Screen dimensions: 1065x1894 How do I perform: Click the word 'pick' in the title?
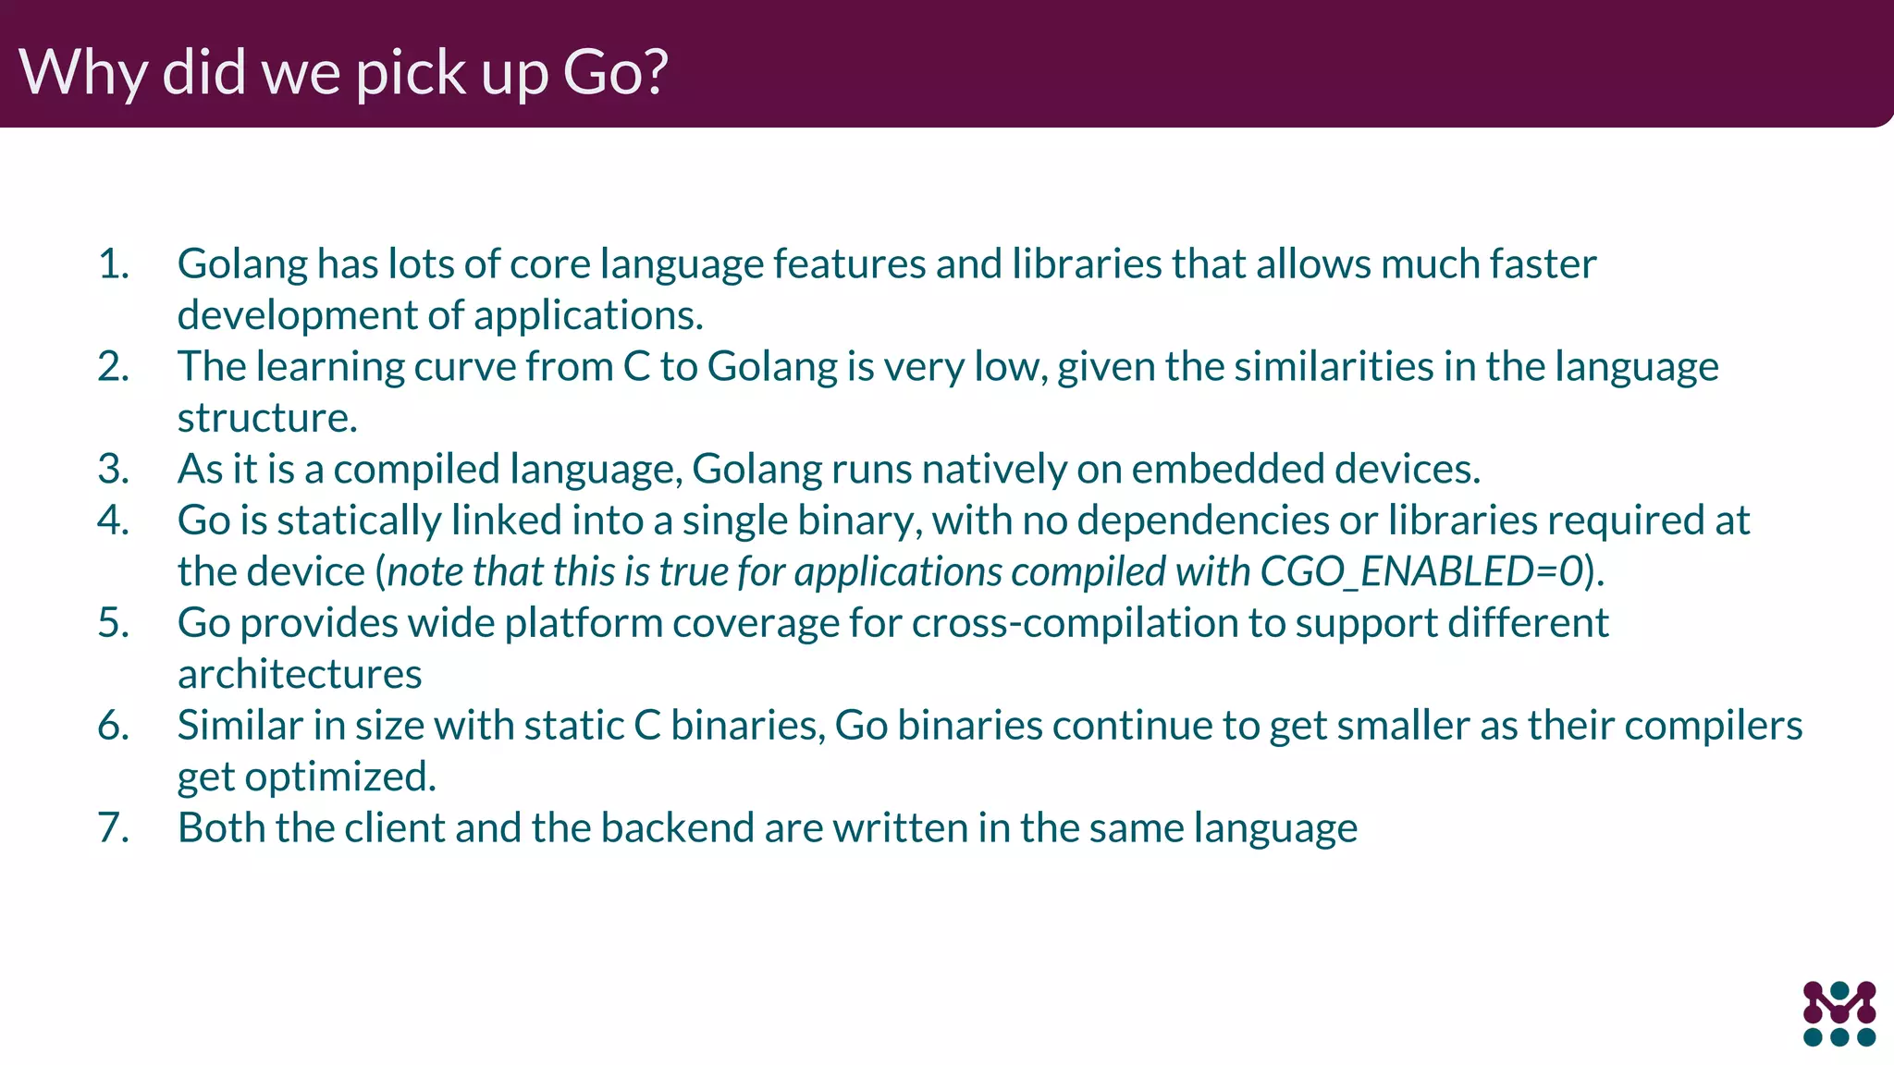412,72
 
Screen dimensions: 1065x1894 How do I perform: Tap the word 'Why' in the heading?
81,72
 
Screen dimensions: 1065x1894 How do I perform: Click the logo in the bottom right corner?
1839,1013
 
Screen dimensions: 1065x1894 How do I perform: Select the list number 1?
113,264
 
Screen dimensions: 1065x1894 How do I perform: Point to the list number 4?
113,520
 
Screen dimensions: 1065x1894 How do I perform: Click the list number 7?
113,827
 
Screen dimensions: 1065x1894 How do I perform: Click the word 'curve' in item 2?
464,367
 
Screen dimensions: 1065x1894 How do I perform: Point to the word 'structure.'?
267,418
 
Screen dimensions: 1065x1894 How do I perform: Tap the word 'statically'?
359,520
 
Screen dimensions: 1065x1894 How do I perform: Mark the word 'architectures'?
300,674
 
